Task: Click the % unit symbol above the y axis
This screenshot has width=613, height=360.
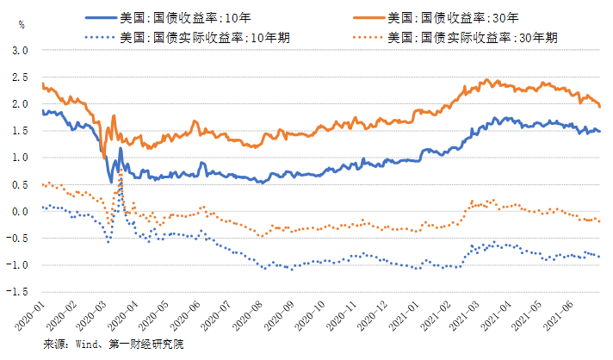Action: pos(22,24)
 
